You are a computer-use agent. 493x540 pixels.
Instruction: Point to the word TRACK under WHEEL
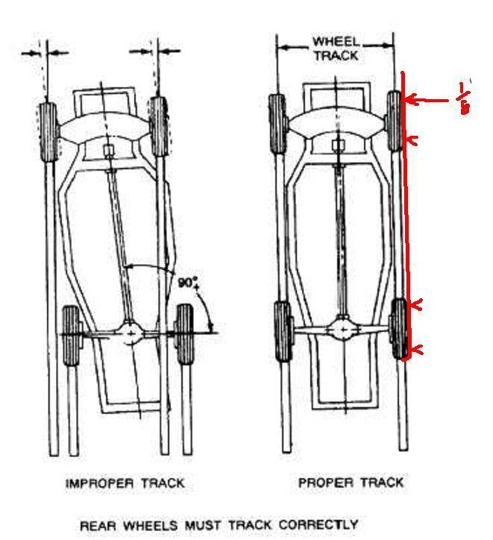coord(335,55)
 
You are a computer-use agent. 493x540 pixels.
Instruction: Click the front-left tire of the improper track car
coord(46,130)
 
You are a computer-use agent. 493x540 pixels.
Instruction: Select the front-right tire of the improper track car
coord(158,125)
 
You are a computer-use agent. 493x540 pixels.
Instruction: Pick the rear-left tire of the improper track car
coord(71,336)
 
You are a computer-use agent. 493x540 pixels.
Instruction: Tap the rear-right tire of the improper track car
coord(183,335)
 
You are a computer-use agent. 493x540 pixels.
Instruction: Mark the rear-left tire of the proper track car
coord(283,332)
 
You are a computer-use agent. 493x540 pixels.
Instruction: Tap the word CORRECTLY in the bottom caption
coord(318,524)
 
